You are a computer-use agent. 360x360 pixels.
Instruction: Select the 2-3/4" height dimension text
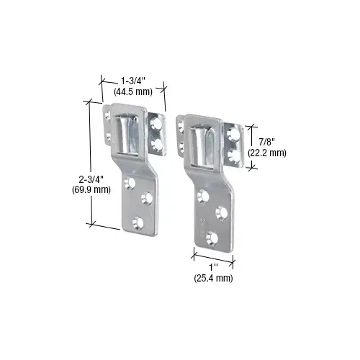(x=74, y=179)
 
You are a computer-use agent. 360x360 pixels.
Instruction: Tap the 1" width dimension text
(x=212, y=266)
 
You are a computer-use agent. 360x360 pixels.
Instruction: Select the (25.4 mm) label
(x=213, y=277)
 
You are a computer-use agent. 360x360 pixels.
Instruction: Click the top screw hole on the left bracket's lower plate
(x=130, y=184)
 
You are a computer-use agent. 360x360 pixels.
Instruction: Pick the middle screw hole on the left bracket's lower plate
(x=148, y=195)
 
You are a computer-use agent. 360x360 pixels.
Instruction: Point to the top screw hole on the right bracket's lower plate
(x=202, y=196)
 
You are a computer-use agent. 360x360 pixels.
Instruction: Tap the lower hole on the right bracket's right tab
(x=233, y=153)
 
